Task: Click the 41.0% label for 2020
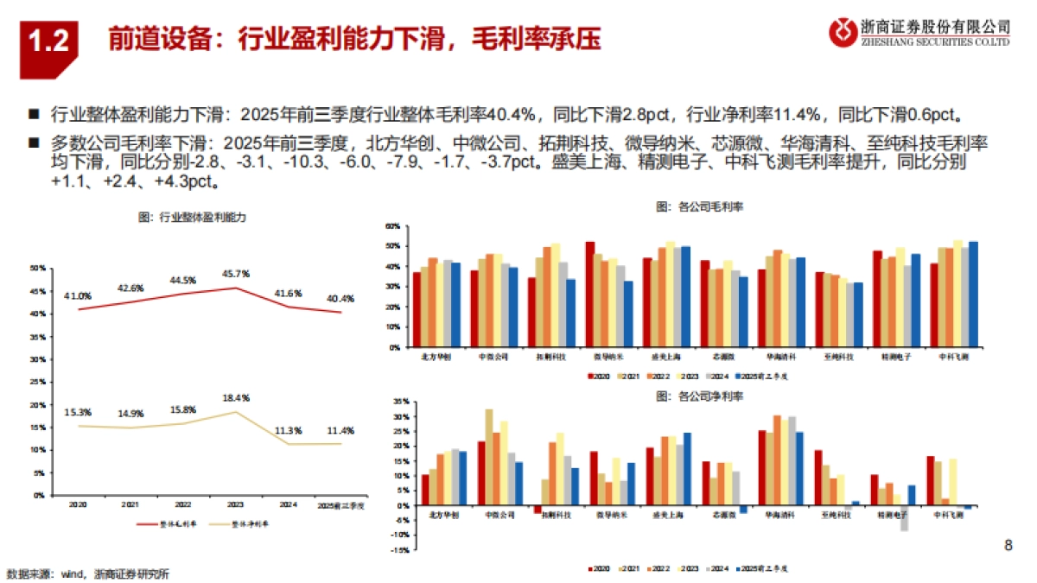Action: click(x=78, y=295)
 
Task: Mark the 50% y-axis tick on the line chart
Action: click(x=37, y=269)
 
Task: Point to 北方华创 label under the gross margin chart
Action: click(x=435, y=356)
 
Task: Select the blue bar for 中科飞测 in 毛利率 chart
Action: click(x=974, y=295)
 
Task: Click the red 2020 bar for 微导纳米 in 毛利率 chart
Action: click(x=590, y=295)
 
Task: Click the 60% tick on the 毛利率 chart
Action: click(x=391, y=226)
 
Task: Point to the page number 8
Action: click(x=1008, y=545)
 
